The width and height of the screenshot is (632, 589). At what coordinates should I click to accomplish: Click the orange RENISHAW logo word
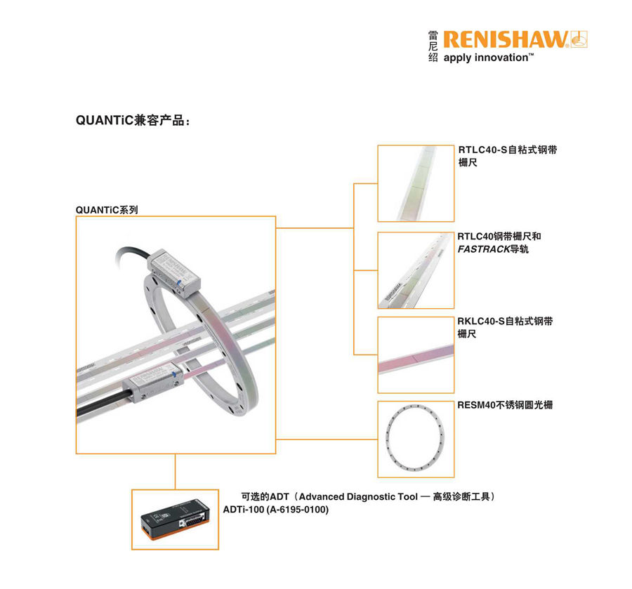coord(506,39)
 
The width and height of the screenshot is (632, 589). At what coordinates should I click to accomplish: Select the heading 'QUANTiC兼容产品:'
coord(133,121)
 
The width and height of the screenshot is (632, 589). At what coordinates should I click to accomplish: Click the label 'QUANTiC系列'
coord(107,210)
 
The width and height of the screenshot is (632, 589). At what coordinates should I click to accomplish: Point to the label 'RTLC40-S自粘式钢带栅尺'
coord(508,156)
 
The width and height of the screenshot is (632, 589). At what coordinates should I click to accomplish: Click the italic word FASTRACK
coord(484,249)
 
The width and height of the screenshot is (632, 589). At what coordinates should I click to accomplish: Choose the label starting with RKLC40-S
coord(505,327)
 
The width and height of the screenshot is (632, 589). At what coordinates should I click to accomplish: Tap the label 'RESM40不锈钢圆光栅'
coord(505,405)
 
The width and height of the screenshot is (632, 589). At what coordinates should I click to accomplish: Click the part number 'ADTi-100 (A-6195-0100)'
coord(276,510)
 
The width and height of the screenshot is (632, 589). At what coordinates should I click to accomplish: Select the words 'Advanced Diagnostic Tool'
coord(358,497)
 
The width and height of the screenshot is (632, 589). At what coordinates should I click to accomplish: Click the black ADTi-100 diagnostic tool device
coord(176,519)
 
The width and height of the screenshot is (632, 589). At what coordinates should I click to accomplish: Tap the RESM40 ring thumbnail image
coord(416,439)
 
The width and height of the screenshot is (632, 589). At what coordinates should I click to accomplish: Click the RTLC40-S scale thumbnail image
coord(416,183)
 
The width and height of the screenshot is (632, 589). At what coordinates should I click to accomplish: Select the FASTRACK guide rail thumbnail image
coord(416,270)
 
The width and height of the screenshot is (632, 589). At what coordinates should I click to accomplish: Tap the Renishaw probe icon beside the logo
coord(579,39)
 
